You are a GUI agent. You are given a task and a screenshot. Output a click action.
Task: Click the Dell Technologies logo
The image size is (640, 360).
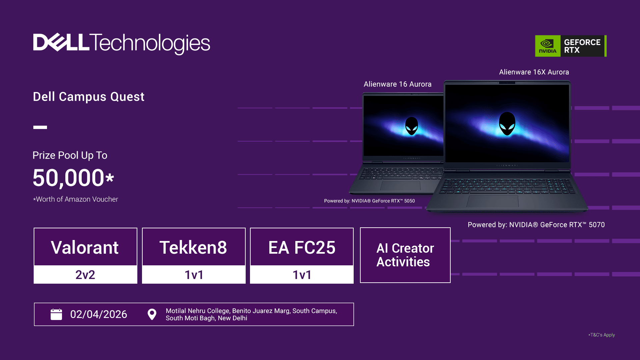coord(122,44)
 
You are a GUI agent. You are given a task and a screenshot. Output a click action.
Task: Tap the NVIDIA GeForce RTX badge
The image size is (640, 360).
coord(571,46)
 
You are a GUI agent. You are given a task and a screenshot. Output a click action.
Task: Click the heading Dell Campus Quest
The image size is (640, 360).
coord(89,97)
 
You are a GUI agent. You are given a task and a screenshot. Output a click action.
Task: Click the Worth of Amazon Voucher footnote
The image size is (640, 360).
coord(76,199)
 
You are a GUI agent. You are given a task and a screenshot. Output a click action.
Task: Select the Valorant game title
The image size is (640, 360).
coord(85,248)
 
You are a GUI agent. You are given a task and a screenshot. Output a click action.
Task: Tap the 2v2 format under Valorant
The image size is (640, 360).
coord(85,275)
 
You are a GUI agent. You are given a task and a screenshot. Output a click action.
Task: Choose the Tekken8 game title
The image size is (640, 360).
coord(193,248)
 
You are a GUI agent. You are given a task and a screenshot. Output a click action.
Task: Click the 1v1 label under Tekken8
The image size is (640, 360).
coord(194,275)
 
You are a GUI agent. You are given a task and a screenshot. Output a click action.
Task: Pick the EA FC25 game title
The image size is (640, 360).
coord(302,248)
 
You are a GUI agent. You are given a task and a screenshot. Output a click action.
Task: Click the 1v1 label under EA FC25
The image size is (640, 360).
coord(302,275)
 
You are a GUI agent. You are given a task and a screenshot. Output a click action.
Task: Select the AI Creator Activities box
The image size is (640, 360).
coord(405,255)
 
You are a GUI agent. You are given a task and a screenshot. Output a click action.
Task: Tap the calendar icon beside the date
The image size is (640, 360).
coord(56,314)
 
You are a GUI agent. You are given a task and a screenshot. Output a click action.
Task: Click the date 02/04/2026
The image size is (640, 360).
coord(99,314)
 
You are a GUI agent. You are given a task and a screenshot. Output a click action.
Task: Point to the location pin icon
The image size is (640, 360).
coord(152,314)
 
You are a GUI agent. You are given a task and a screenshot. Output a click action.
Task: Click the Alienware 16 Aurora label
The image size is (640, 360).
coord(398,84)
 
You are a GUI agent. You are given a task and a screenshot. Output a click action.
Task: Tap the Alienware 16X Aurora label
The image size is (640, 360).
coord(534,72)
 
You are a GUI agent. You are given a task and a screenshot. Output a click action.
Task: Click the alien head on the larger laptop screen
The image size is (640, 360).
coord(507,124)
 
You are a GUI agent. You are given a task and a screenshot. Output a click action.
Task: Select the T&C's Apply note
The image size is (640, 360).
coord(602,335)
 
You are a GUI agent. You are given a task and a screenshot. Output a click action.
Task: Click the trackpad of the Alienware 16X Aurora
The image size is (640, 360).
coord(493,201)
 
